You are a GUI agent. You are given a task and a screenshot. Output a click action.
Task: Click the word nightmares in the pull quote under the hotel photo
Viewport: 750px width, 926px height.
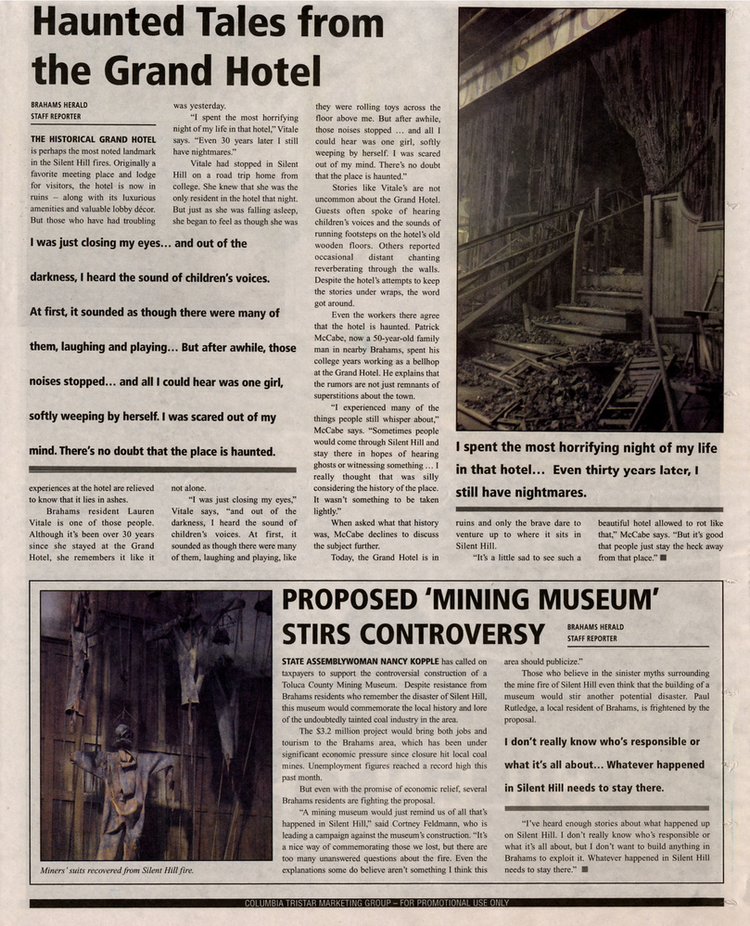(538, 493)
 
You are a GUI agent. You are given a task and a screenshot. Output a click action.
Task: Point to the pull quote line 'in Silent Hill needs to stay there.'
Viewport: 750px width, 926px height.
(584, 788)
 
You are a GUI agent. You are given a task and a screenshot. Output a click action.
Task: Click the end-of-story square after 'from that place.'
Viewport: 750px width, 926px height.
(665, 558)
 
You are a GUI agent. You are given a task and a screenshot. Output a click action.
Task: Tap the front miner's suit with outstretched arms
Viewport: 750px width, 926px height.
(124, 778)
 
